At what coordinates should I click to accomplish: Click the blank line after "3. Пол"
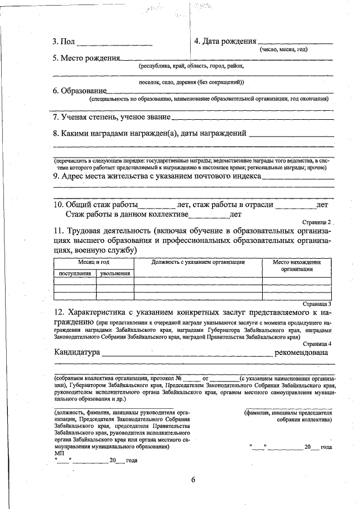114,43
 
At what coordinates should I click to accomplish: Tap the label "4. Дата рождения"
225,42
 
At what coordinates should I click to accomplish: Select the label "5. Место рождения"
87,58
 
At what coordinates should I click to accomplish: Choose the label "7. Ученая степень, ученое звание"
111,117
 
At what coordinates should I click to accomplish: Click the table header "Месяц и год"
93,262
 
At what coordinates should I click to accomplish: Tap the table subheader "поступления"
75,273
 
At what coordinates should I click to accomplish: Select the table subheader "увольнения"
115,273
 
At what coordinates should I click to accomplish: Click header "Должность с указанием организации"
198,262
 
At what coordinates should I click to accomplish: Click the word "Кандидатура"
77,353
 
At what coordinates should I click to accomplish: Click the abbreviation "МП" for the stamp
60,453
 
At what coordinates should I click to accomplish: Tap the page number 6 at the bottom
192,480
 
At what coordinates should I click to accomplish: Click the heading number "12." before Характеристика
59,312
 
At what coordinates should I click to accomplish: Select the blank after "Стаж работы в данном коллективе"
209,215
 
